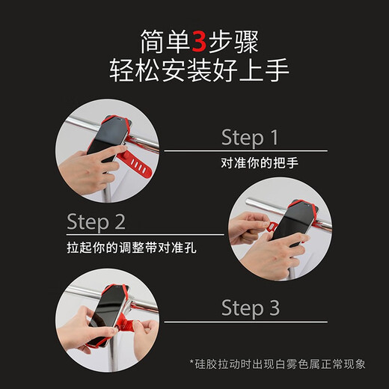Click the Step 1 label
pyautogui.click(x=249, y=137)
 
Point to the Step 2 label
pyautogui.click(x=96, y=221)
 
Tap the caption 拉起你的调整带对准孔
pyautogui.click(x=131, y=247)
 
